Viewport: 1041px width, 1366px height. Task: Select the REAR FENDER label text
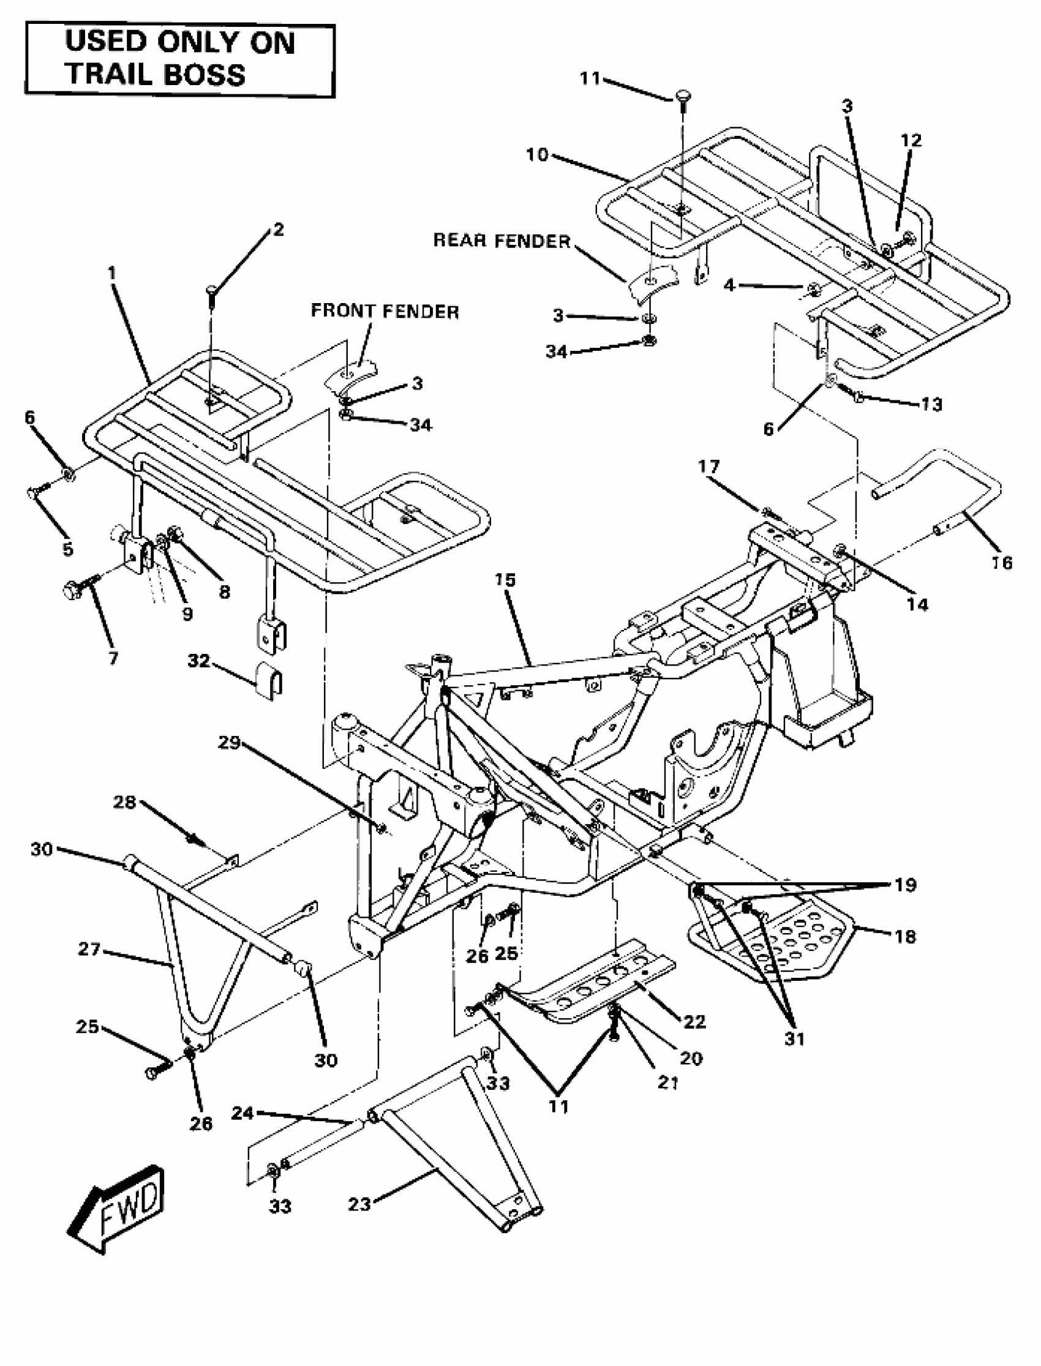[502, 241]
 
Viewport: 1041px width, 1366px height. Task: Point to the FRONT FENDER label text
[385, 311]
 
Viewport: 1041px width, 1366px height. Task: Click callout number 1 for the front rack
[111, 273]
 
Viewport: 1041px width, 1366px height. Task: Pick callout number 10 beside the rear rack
[537, 154]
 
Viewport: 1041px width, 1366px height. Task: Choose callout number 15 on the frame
[505, 580]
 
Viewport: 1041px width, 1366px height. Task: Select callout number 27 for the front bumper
[89, 948]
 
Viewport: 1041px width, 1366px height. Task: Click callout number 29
[228, 741]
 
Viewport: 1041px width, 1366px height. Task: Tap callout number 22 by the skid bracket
[694, 1021]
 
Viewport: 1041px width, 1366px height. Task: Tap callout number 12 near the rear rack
[911, 140]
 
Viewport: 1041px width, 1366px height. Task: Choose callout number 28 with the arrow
[124, 802]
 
